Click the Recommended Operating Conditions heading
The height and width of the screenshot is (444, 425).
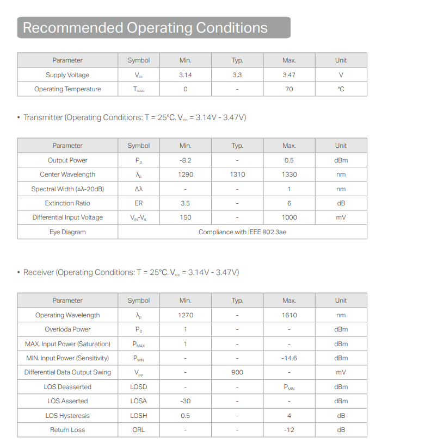145,28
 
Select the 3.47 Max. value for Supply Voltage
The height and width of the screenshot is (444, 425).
289,75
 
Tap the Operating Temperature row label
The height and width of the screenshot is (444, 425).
67,89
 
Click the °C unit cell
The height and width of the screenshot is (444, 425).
341,89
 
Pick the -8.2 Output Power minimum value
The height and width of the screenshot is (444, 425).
185,160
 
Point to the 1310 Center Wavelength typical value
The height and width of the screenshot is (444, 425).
237,174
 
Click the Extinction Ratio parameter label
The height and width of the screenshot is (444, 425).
67,203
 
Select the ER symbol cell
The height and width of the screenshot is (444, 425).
138,203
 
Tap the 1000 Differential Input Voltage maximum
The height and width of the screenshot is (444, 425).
289,217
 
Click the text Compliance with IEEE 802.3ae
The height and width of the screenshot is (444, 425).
242,232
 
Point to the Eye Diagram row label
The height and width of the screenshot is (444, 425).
67,232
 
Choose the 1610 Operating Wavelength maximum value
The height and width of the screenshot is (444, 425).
289,315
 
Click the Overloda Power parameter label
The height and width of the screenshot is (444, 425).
67,329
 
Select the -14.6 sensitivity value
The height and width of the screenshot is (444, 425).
289,358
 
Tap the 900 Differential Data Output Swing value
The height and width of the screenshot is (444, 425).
237,372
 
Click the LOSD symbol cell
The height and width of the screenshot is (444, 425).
138,387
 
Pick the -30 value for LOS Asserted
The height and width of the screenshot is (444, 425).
185,401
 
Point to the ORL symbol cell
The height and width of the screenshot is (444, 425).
138,430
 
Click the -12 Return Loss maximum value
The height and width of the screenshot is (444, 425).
289,430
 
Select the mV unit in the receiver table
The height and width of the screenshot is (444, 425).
341,372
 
